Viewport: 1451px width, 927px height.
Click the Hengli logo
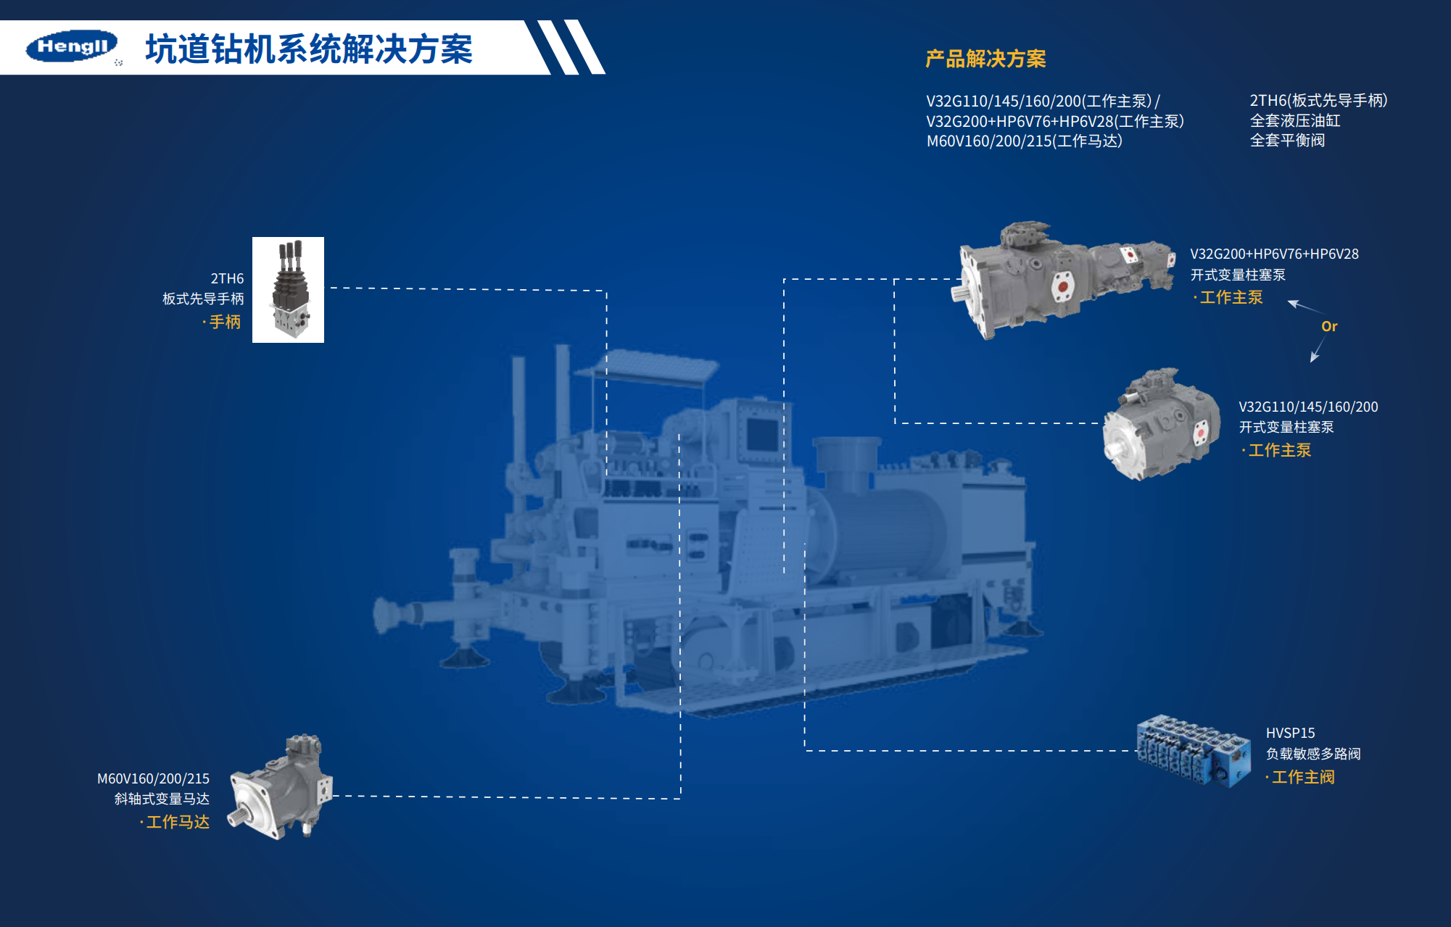pos(72,46)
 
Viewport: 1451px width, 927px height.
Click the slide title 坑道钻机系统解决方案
pos(309,49)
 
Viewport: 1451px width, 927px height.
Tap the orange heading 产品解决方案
pos(985,59)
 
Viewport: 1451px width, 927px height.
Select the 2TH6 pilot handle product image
pos(288,290)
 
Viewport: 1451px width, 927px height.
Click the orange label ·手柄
pos(221,322)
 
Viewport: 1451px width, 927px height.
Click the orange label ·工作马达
pos(175,822)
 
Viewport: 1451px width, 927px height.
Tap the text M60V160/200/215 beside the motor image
pos(153,778)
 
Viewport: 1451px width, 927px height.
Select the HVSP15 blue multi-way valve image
pos(1194,751)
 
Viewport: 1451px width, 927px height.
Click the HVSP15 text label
pos(1290,733)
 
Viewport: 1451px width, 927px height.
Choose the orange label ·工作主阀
pos(1300,777)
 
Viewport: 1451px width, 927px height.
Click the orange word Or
pos(1329,326)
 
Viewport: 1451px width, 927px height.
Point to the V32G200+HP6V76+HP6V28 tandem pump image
pos(1064,280)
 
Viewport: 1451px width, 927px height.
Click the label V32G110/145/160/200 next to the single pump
pos(1308,407)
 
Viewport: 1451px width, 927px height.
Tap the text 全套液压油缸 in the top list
pos(1295,120)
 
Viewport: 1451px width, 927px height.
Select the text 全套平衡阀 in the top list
pos(1287,140)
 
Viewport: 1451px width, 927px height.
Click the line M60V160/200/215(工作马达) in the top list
pos(1025,141)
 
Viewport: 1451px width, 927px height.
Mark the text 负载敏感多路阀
pos(1313,754)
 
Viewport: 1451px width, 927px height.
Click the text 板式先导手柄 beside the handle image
pos(203,299)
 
